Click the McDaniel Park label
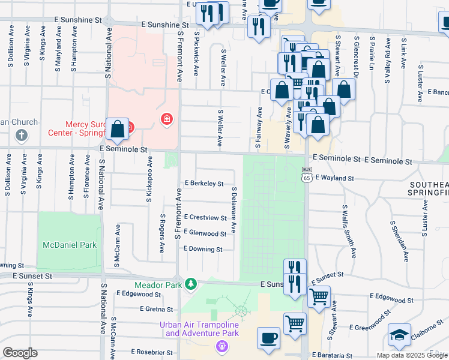tap(70, 245)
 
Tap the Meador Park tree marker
tap(191, 283)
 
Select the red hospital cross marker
tap(166, 120)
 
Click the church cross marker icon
tap(22, 136)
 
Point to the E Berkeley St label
tap(204, 183)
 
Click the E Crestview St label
tap(205, 217)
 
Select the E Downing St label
tap(203, 249)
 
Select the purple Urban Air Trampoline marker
tap(221, 346)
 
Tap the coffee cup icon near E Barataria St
tap(268, 337)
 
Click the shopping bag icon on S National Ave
tap(118, 128)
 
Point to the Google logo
tap(20, 353)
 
